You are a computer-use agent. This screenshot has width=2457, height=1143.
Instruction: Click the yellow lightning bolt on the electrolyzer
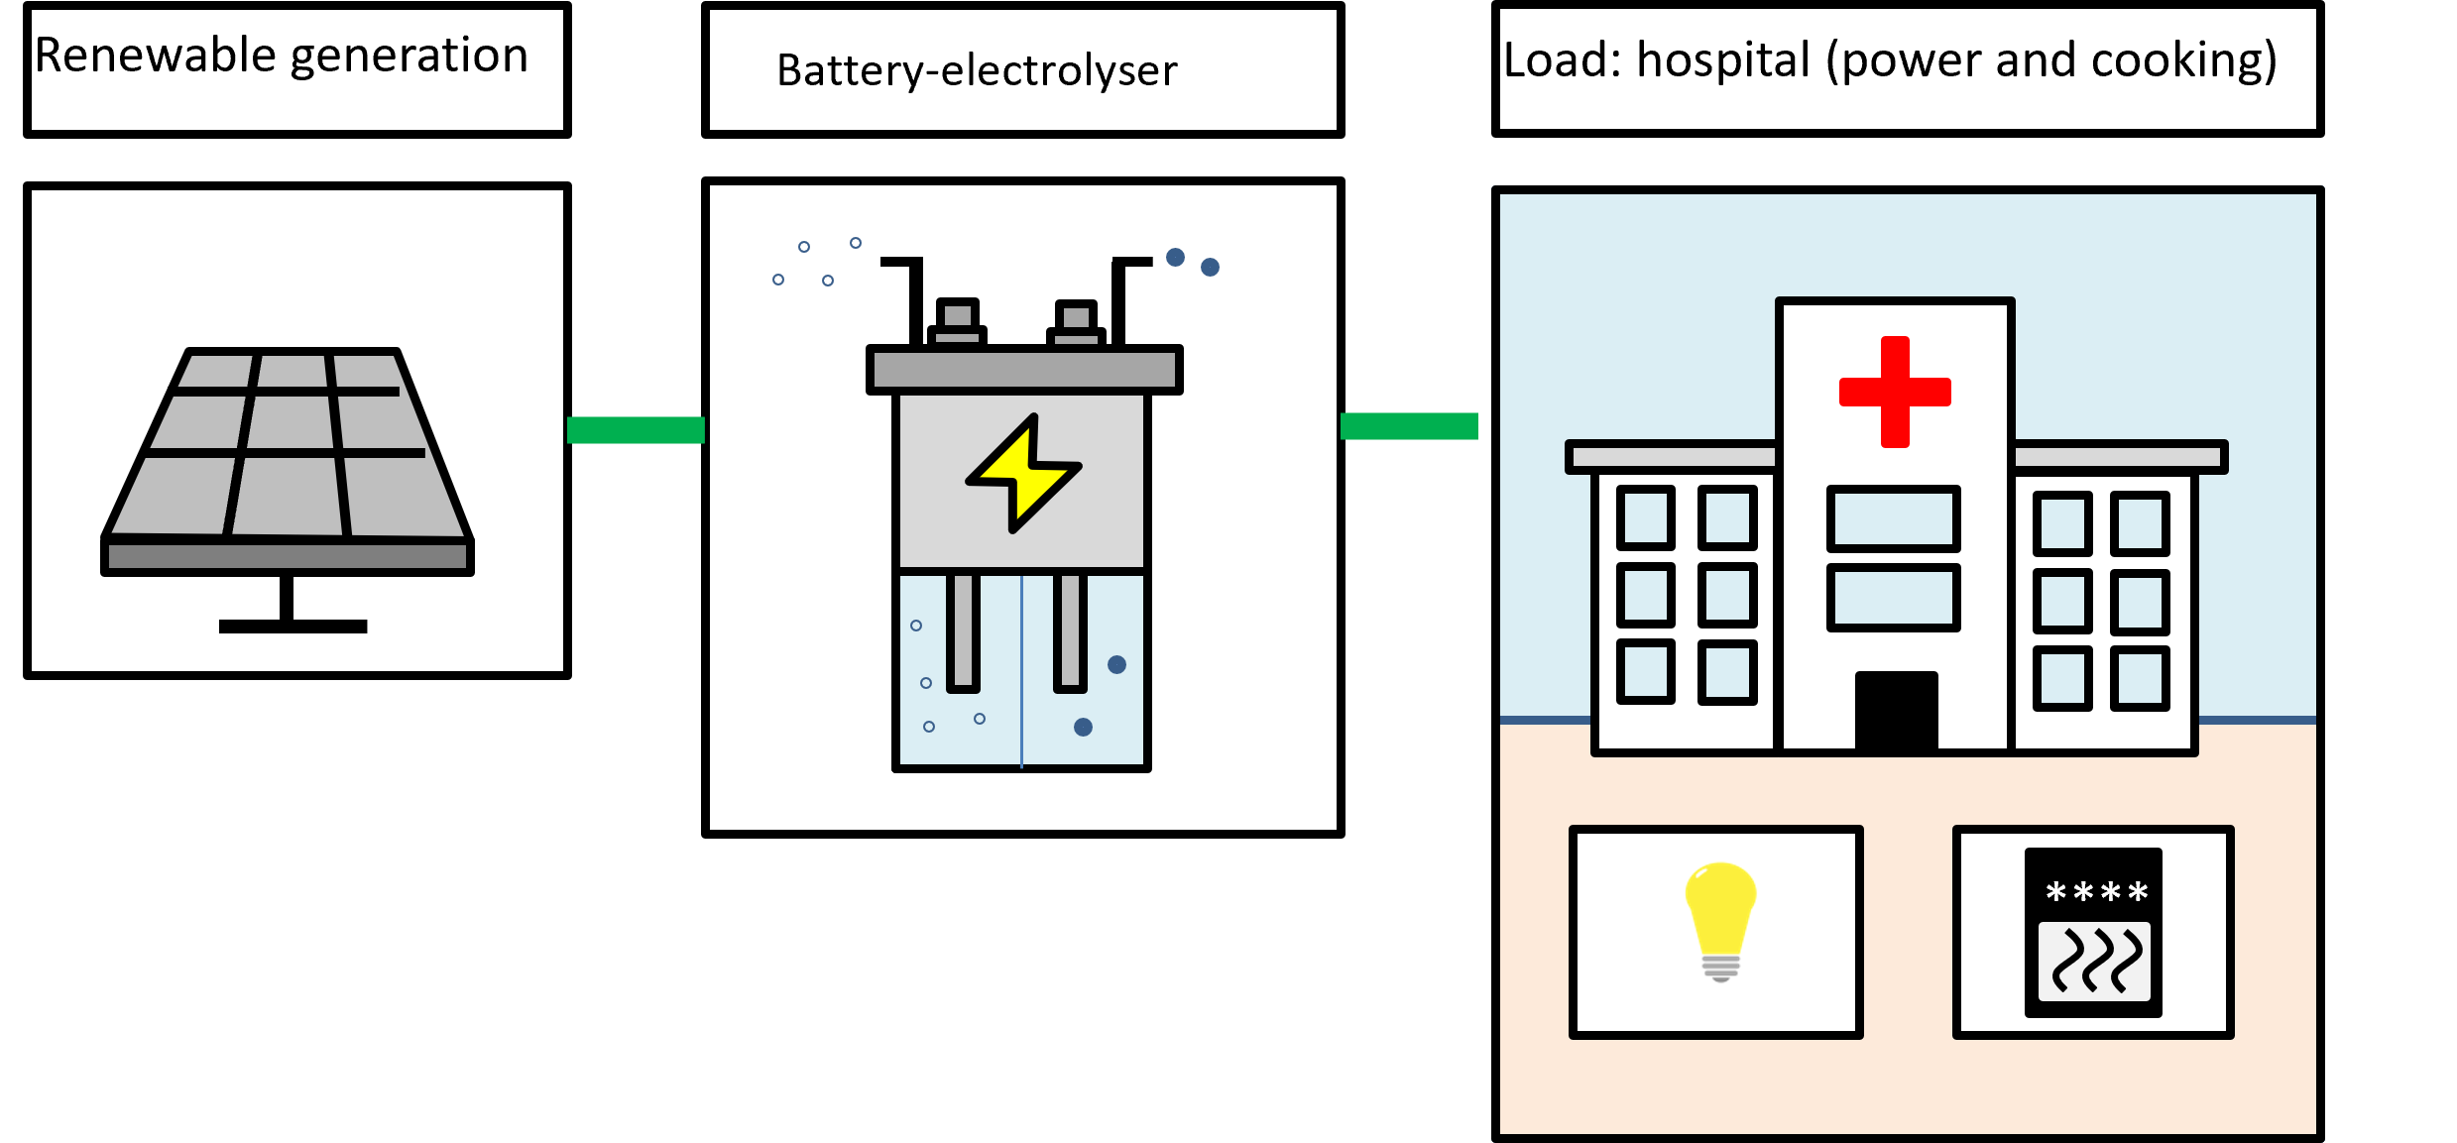point(1023,475)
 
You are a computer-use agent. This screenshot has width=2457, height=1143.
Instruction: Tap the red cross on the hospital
point(1895,392)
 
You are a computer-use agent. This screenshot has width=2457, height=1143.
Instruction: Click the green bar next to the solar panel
point(636,430)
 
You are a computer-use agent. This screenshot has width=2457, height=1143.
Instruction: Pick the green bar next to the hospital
point(1409,426)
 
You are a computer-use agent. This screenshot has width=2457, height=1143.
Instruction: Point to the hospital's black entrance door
point(1896,711)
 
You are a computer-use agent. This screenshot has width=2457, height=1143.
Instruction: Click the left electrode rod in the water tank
point(963,630)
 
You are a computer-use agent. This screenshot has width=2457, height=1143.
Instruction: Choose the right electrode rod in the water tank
point(1070,630)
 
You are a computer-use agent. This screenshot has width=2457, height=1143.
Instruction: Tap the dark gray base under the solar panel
point(288,556)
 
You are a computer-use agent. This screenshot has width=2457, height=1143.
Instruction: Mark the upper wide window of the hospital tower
point(1893,518)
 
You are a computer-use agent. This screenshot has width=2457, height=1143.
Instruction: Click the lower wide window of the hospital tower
point(1893,597)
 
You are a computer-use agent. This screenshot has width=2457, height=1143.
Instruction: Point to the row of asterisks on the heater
point(2096,892)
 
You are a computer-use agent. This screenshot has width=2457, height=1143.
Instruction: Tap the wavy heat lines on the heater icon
point(2094,961)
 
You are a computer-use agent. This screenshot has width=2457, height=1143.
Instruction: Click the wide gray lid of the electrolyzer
point(1024,370)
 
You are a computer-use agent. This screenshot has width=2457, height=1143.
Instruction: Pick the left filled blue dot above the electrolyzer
point(1175,258)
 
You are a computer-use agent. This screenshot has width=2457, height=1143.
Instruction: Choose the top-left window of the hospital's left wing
point(1646,517)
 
